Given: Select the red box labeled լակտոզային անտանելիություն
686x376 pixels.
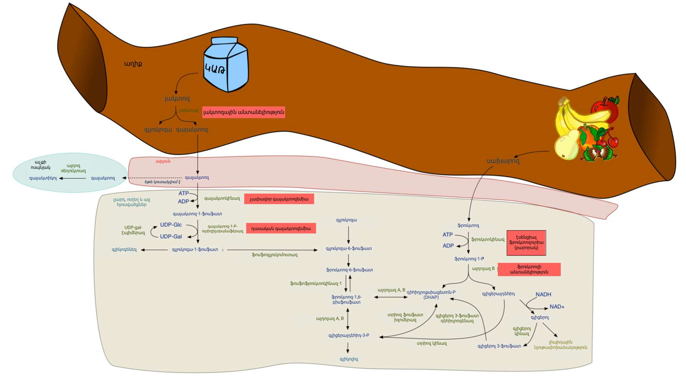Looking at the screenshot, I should pyautogui.click(x=244, y=112).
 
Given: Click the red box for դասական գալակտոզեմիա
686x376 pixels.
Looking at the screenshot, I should pyautogui.click(x=281, y=228).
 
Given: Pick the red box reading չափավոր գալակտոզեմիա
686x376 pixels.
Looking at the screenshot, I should pyautogui.click(x=279, y=199).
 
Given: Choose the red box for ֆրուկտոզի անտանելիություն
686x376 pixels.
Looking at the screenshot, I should pyautogui.click(x=529, y=269).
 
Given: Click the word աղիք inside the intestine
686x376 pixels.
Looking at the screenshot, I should pyautogui.click(x=133, y=64).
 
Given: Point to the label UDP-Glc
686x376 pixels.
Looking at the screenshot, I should pyautogui.click(x=171, y=225).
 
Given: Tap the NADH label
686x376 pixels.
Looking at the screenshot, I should pyautogui.click(x=543, y=295).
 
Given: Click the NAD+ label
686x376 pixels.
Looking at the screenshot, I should pyautogui.click(x=557, y=307).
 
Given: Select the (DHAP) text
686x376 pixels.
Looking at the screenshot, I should pyautogui.click(x=431, y=297).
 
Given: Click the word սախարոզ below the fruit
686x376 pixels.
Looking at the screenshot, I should pyautogui.click(x=503, y=161).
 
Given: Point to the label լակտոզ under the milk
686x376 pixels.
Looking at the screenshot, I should pyautogui.click(x=177, y=98).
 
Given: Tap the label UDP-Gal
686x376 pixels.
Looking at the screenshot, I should pyautogui.click(x=171, y=237).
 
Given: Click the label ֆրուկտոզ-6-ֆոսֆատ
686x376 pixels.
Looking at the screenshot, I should pyautogui.click(x=349, y=270).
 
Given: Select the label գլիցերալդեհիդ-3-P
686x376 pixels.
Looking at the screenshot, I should pyautogui.click(x=349, y=335).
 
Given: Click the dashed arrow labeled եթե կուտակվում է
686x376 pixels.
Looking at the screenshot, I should pyautogui.click(x=154, y=178).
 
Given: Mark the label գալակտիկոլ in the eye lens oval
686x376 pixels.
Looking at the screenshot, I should pyautogui.click(x=43, y=178).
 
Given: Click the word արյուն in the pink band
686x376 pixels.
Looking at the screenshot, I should pyautogui.click(x=163, y=161).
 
